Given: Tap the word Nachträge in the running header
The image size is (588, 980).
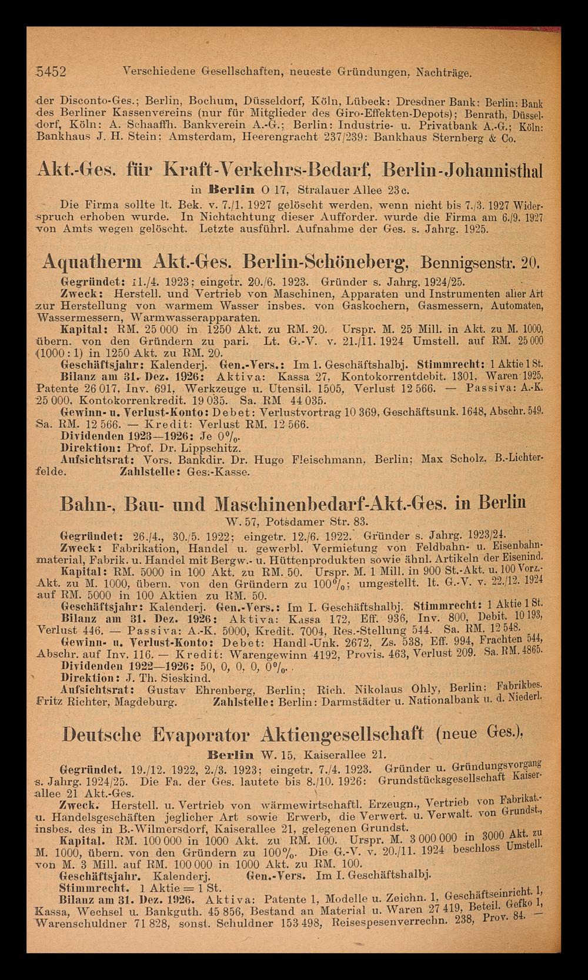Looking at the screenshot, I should tap(442, 73).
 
